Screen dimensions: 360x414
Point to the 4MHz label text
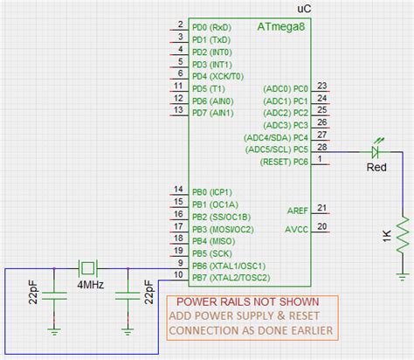(x=91, y=286)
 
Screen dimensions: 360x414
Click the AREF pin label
(x=297, y=211)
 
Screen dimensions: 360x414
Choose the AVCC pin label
(x=297, y=229)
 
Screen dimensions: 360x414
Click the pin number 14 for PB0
(x=178, y=190)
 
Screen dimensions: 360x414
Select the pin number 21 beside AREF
(x=322, y=208)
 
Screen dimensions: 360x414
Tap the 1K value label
(x=384, y=237)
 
